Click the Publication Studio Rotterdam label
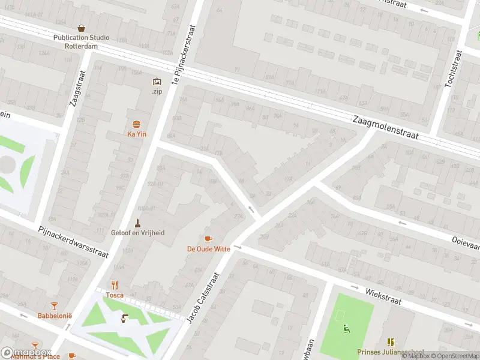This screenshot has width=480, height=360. (82, 41)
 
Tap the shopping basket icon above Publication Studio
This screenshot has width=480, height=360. (82, 28)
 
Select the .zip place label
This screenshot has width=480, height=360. (157, 91)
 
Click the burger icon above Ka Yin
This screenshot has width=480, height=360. (136, 124)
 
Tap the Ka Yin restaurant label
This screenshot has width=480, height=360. (136, 134)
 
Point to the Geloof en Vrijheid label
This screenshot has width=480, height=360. (137, 233)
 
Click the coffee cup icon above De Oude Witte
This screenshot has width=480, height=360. (208, 239)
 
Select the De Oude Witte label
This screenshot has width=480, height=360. (208, 248)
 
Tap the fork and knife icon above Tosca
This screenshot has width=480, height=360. (115, 285)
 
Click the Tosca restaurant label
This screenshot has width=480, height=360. (115, 295)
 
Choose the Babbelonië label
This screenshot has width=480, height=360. (55, 316)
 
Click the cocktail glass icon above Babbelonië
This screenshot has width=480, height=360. (55, 306)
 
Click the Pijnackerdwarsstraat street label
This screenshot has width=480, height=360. (73, 242)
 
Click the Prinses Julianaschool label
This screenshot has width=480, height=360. (390, 352)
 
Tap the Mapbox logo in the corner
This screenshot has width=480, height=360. (26, 352)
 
